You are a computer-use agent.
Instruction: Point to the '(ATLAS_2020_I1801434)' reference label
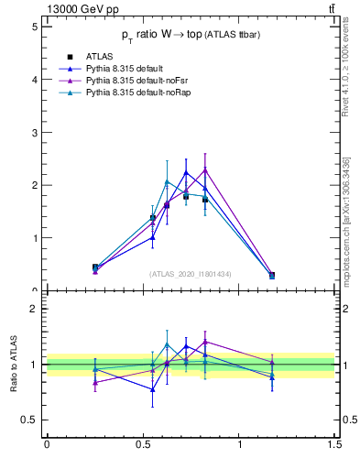pyautogui.click(x=191, y=274)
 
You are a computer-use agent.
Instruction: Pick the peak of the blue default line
pyautogui.click(x=186, y=172)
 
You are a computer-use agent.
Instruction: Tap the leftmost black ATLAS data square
pyautogui.click(x=95, y=267)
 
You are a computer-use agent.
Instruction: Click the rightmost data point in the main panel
pyautogui.click(x=272, y=275)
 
